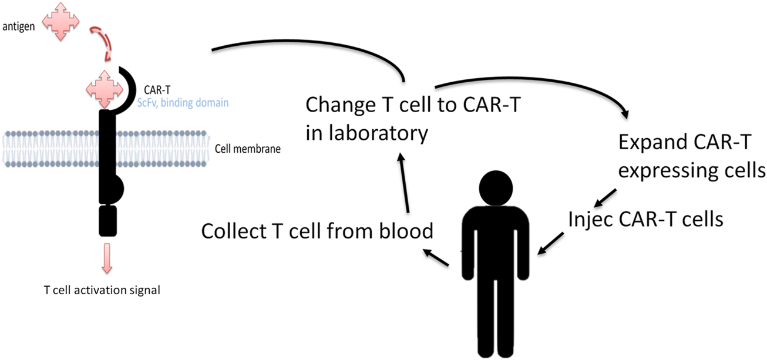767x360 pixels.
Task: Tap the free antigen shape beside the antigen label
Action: pos(62,21)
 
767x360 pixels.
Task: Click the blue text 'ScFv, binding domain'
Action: pos(186,102)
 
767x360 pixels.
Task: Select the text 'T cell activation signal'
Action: pos(102,290)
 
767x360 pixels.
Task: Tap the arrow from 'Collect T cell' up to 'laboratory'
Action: pos(403,182)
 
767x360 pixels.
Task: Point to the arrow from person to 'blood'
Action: pos(435,258)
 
